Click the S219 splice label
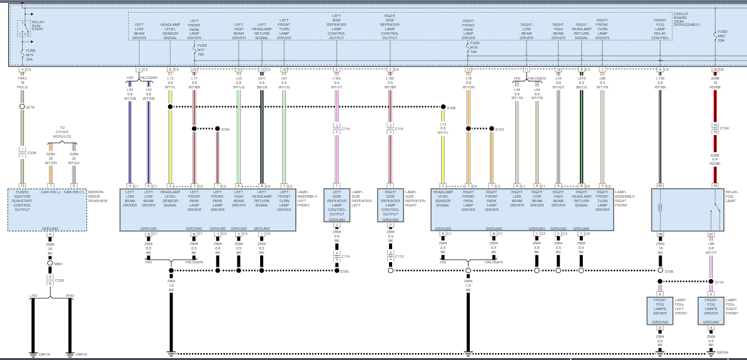(x=30, y=107)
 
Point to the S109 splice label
(x=451, y=109)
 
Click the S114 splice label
(x=719, y=282)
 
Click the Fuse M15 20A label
(x=30, y=55)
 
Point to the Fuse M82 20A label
(x=721, y=35)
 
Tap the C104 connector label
(x=724, y=129)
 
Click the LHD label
(x=33, y=295)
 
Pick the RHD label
(x=69, y=295)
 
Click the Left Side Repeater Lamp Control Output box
(x=337, y=203)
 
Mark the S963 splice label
(x=57, y=264)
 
